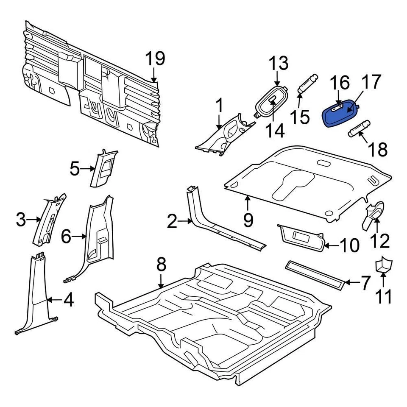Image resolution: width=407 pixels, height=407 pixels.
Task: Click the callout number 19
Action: click(x=155, y=59)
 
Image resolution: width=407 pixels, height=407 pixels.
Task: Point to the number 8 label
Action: click(x=161, y=265)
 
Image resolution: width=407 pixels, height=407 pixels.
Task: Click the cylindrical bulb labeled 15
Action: click(x=307, y=84)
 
